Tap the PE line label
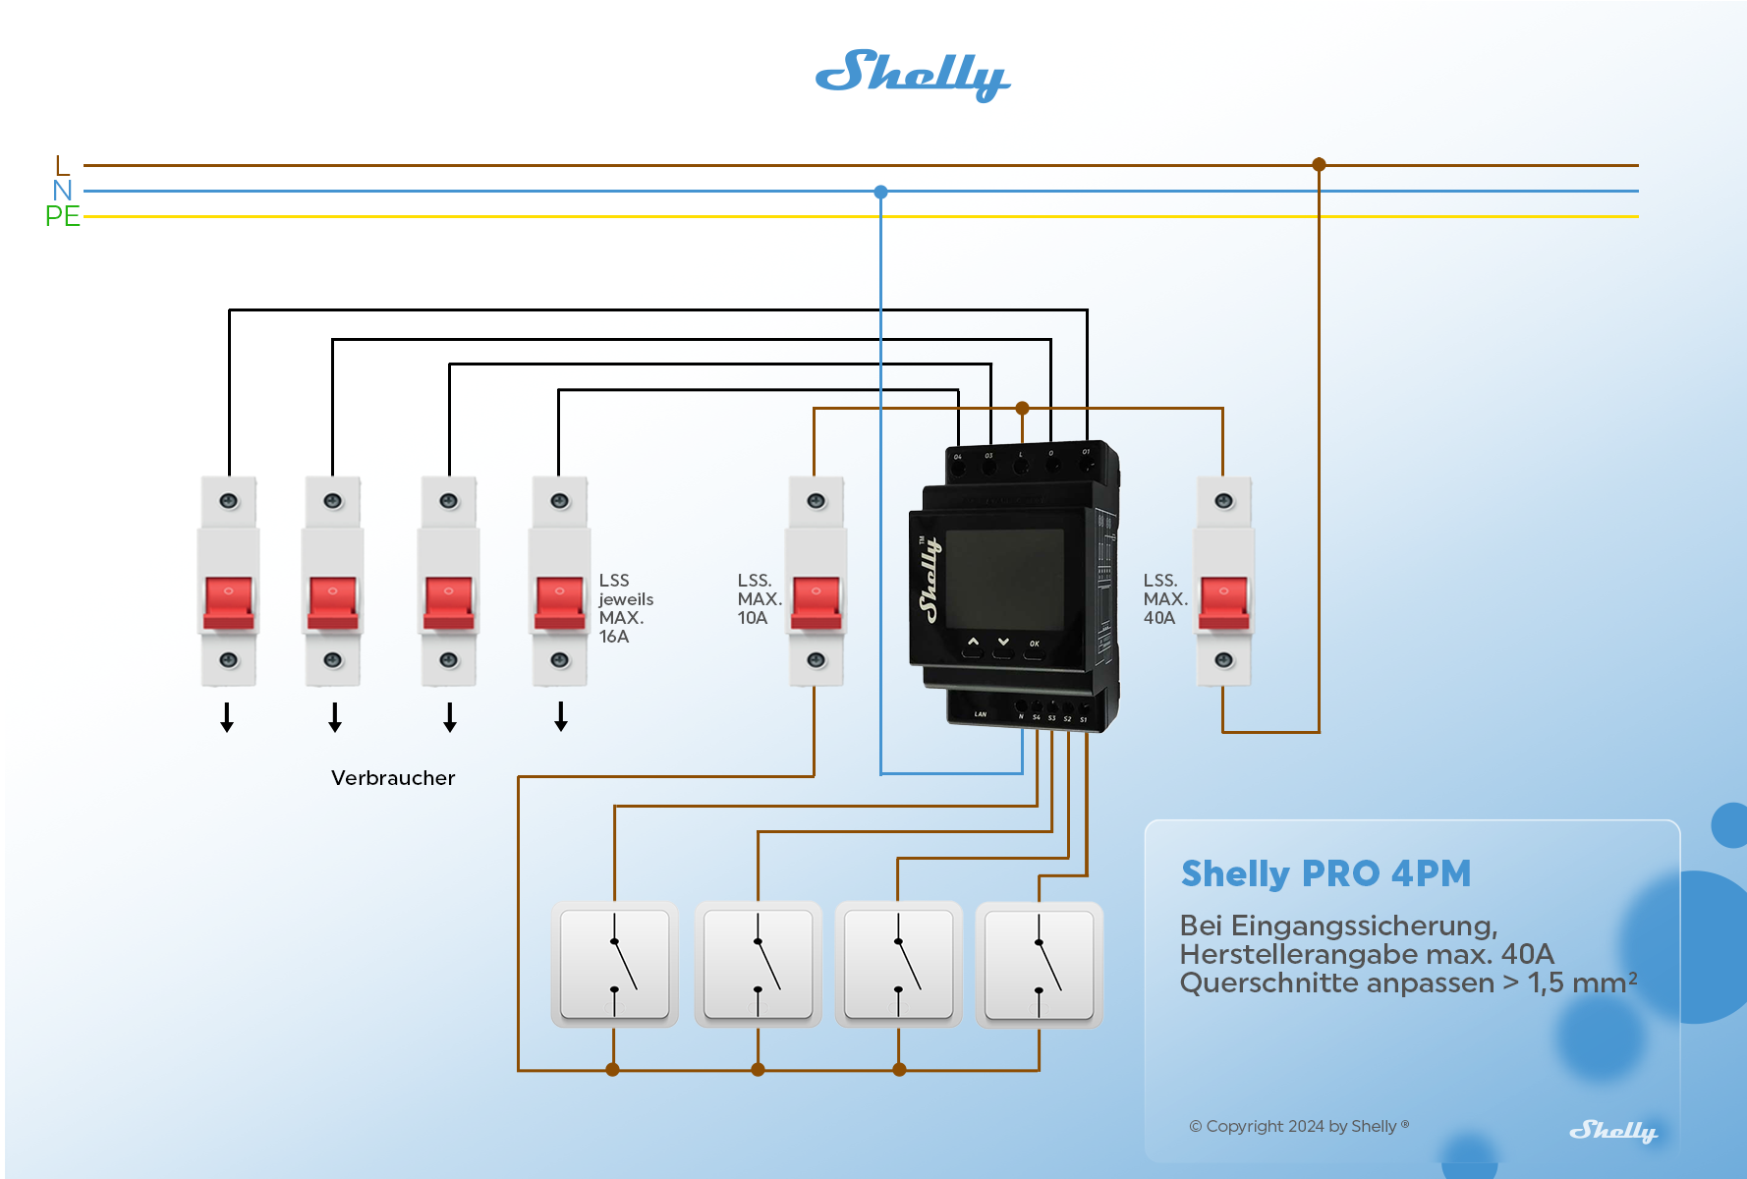[x=62, y=216]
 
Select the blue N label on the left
[x=62, y=191]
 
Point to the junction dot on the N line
[x=880, y=192]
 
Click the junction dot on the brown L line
[x=1319, y=165]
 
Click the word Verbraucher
[x=393, y=778]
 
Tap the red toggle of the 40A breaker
[x=1223, y=601]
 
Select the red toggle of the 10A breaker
[x=816, y=601]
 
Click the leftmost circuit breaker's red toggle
[x=228, y=601]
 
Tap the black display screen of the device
[x=1004, y=580]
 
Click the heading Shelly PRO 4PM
[x=1325, y=873]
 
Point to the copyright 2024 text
[x=1298, y=1126]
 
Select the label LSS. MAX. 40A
[x=1164, y=599]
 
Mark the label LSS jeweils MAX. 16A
[x=625, y=608]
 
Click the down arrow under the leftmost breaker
[x=227, y=717]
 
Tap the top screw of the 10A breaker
[x=816, y=501]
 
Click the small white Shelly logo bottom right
[x=1612, y=1131]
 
